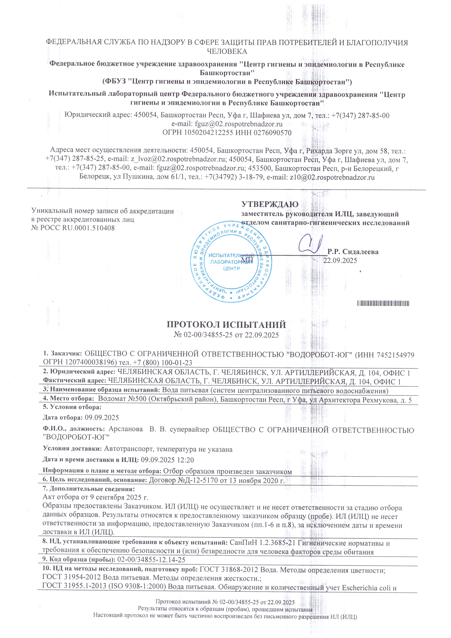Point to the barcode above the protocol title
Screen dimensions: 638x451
coord(383,303)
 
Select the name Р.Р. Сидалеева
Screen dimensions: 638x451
coord(353,252)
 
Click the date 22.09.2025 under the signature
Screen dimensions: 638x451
coord(340,260)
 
